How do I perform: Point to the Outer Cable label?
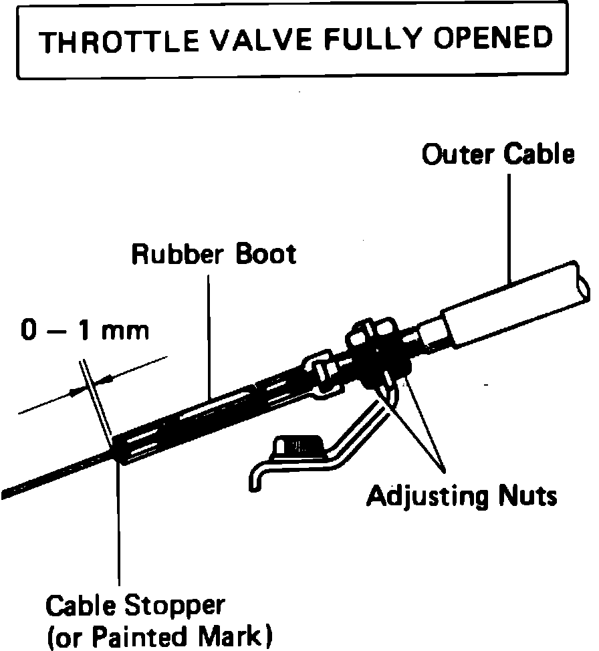tap(498, 154)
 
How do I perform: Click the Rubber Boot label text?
tap(213, 254)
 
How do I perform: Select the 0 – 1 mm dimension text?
tap(85, 331)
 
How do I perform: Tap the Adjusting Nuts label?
tap(461, 497)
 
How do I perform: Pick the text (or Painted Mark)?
tap(159, 636)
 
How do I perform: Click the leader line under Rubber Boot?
tap(209, 334)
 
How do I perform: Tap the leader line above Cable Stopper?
tap(120, 528)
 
